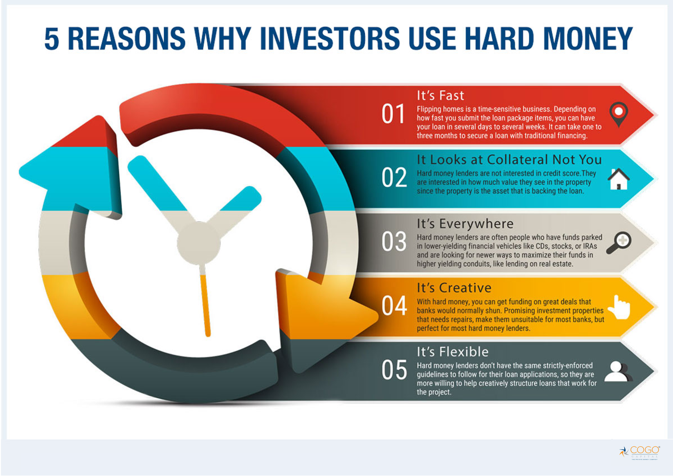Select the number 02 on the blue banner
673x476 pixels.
coord(394,177)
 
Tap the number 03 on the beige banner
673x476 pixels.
coord(394,242)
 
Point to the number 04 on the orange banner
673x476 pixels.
coord(394,306)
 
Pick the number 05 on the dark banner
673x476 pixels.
coord(394,369)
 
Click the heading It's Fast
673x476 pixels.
coord(440,96)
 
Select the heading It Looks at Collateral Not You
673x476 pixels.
coord(509,160)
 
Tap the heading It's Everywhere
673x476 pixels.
coord(465,224)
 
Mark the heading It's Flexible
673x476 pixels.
coord(453,352)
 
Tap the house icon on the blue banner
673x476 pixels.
coord(618,179)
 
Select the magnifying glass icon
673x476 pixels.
coord(618,243)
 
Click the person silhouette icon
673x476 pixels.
coord(618,371)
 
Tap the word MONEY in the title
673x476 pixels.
coord(588,38)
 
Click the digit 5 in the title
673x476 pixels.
coord(52,38)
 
